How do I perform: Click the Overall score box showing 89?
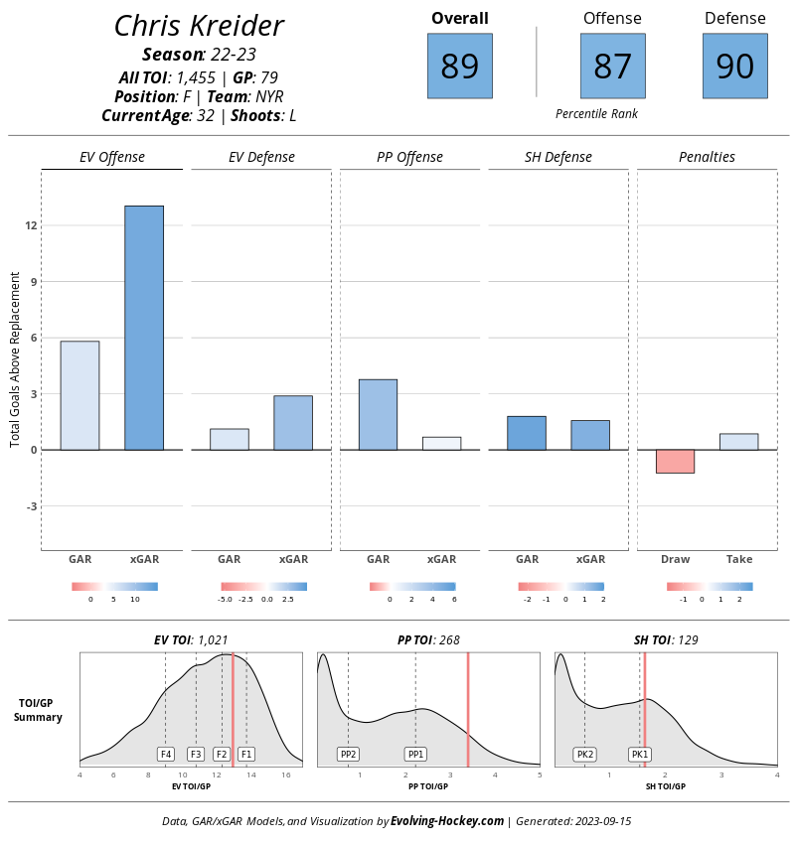459,66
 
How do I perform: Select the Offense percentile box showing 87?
612,66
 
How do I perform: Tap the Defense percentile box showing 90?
734,66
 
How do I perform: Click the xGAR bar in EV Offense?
144,328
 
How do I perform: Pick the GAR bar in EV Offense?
79,395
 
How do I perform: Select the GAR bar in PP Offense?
378,414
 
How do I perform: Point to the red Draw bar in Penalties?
675,462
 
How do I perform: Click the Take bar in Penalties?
739,442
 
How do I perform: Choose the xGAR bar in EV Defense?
293,423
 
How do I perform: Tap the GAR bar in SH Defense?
527,433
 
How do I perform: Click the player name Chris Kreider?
200,25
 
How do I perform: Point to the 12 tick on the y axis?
31,225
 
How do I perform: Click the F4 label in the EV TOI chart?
166,754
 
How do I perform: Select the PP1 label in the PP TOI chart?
415,754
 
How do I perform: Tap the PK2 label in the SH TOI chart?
585,754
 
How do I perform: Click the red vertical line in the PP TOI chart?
468,709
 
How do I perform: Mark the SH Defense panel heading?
558,157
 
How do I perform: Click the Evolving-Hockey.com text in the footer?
447,821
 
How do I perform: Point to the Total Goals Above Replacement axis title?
15,359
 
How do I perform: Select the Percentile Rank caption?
597,113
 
